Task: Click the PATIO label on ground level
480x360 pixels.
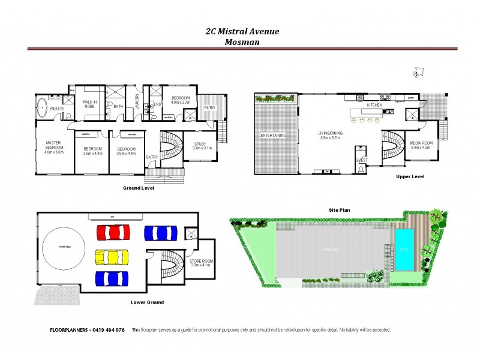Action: [x=209, y=108]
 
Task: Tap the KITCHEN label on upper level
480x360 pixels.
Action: [x=374, y=105]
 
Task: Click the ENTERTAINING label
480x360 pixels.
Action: [x=273, y=136]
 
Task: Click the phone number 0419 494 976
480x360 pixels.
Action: [x=107, y=330]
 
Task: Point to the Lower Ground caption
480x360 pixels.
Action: [x=147, y=302]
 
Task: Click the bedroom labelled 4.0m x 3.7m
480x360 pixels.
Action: [x=181, y=100]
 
